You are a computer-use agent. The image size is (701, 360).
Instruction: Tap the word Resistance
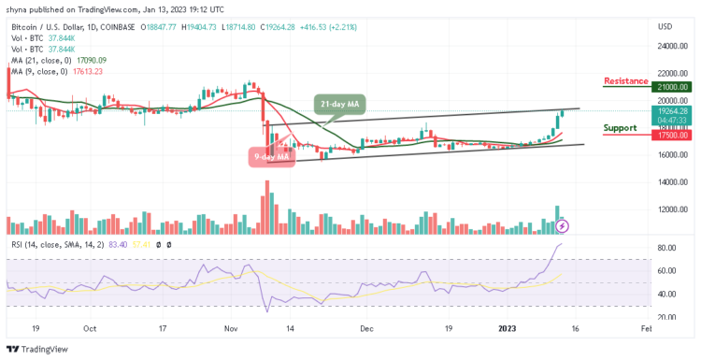tap(625, 81)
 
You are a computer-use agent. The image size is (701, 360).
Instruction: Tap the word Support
tap(621, 127)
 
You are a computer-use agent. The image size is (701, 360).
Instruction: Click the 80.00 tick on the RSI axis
tap(665, 248)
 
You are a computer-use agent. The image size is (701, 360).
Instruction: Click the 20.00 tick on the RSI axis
tap(665, 317)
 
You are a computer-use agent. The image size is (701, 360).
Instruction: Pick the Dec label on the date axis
tap(366, 329)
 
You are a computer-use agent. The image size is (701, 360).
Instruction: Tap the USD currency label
tap(665, 25)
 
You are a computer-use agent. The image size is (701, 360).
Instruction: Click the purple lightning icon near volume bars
tap(562, 225)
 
